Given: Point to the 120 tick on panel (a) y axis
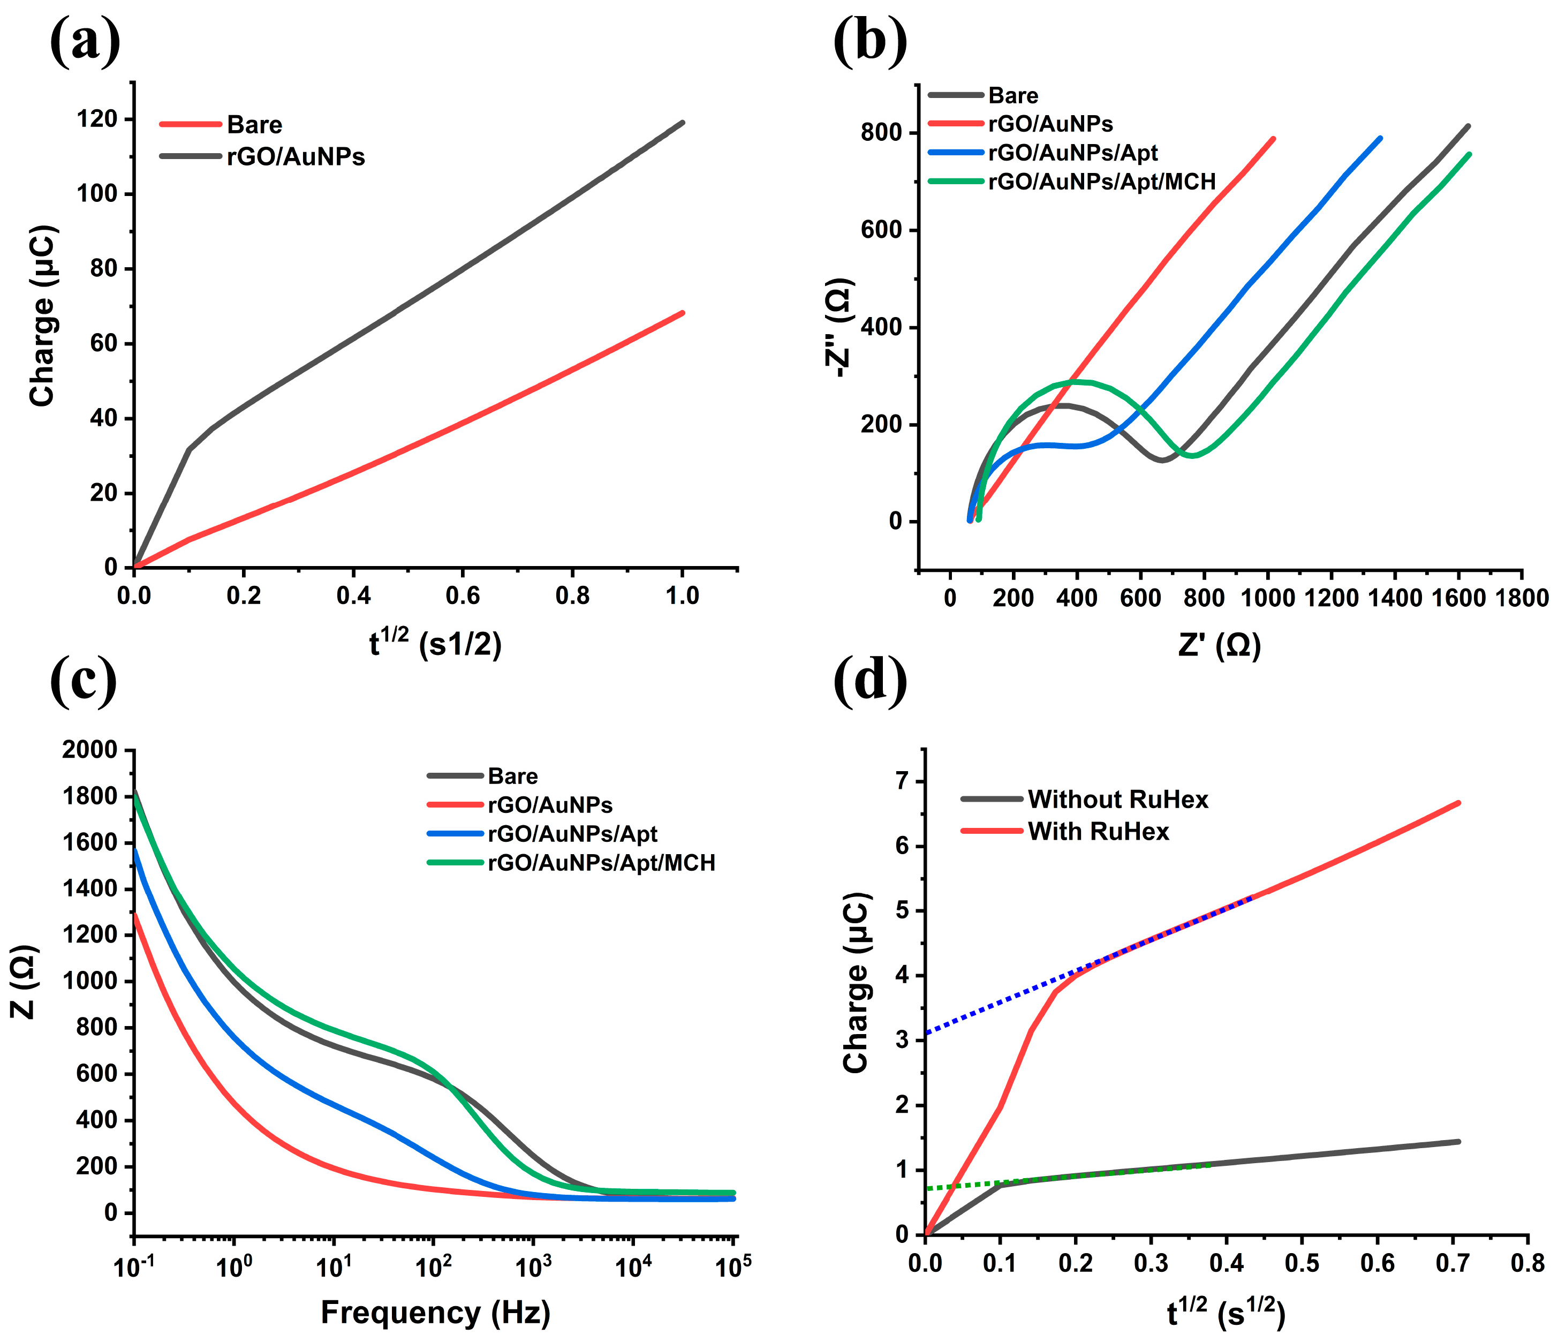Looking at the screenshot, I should coord(97,119).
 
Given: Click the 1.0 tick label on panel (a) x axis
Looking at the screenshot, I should coord(682,596).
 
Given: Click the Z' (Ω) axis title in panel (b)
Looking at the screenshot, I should coord(1219,645).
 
